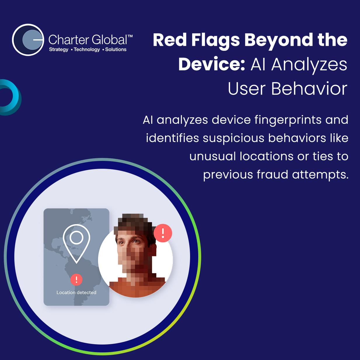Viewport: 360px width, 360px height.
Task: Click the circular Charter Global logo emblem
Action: point(28,40)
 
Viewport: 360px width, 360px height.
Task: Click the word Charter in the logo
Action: point(69,40)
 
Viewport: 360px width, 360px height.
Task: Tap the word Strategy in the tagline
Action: point(59,50)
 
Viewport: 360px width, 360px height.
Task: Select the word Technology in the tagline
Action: point(87,50)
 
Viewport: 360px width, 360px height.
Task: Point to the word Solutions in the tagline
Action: point(116,49)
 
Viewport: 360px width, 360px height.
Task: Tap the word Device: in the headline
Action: point(212,64)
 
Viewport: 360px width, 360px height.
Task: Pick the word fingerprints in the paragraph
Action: point(288,120)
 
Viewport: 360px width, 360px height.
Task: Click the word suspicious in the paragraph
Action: point(234,139)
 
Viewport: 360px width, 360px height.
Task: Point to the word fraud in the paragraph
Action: point(272,175)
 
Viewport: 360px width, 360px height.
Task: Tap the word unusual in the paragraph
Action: point(213,156)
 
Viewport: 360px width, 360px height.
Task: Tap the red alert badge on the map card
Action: point(76,280)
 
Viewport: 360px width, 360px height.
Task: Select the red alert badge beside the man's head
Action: point(163,233)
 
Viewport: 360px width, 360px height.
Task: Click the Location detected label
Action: point(76,292)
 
